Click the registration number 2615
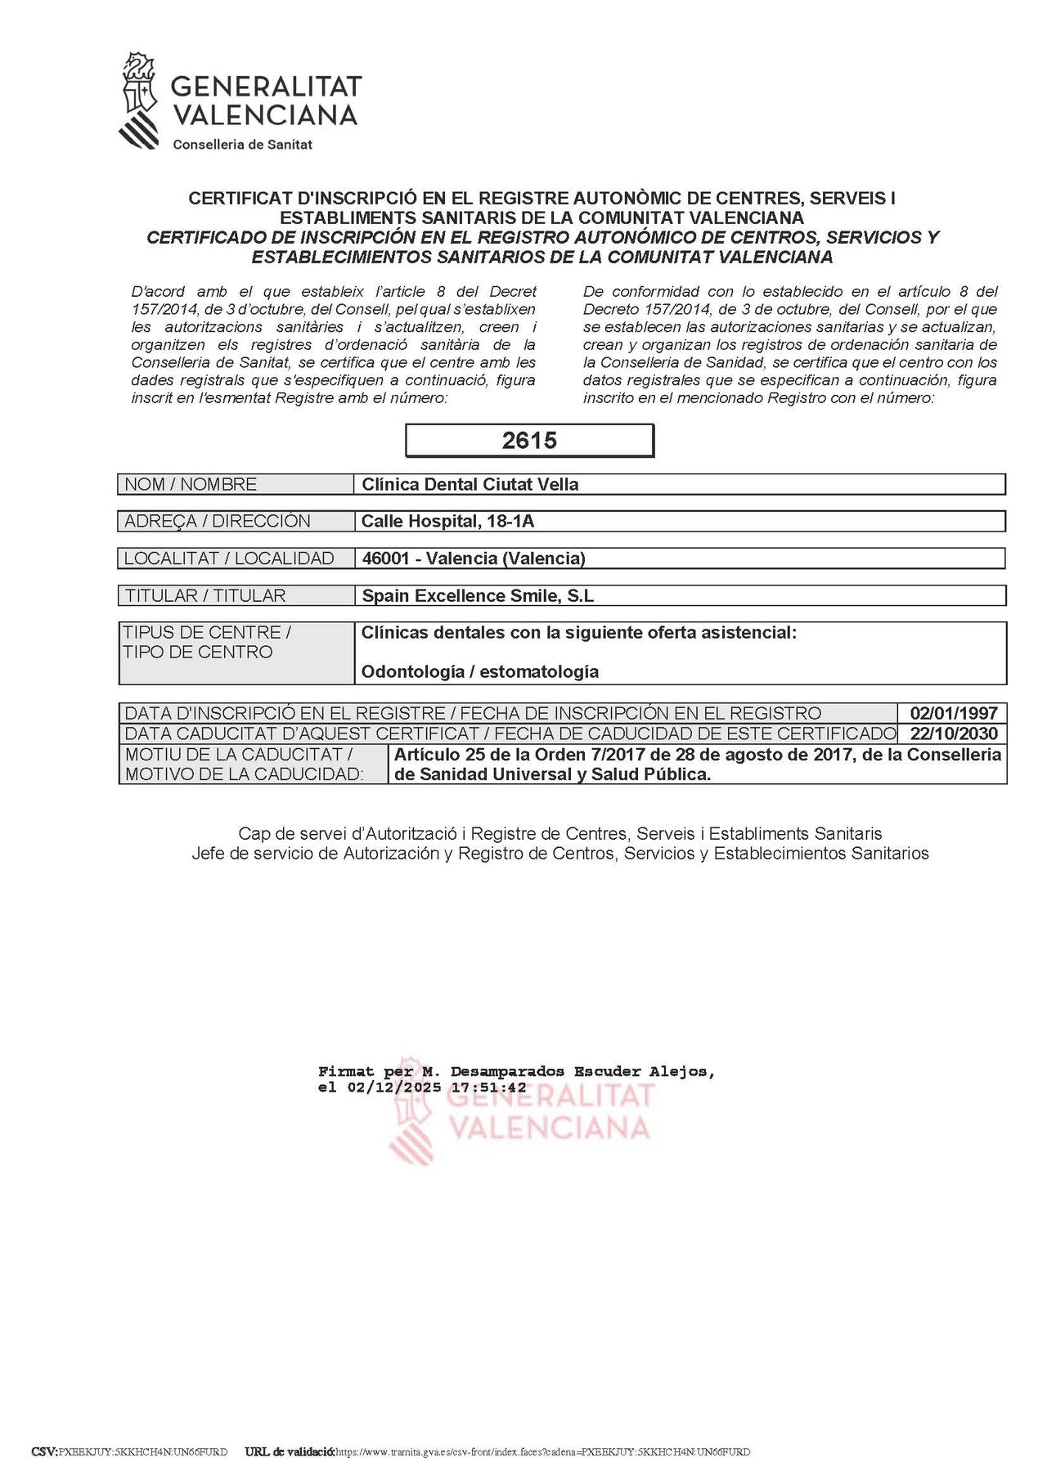point(529,441)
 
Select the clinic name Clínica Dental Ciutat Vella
point(470,484)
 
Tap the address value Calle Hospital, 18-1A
point(447,521)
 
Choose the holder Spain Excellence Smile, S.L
point(478,595)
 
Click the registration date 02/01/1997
point(953,713)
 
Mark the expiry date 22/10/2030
point(953,733)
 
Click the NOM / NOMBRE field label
point(191,484)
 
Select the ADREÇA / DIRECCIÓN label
point(218,521)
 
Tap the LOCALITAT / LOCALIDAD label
point(229,558)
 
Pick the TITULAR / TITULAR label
point(205,595)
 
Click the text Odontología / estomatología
point(480,671)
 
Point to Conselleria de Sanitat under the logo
point(242,145)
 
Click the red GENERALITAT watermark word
point(552,1095)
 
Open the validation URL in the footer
point(542,1451)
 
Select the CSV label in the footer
point(44,1451)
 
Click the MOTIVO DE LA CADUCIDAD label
point(244,774)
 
